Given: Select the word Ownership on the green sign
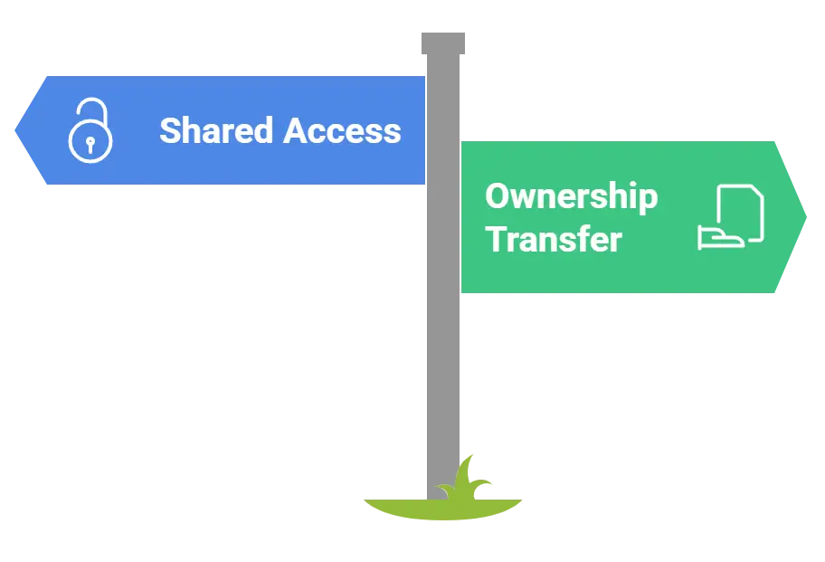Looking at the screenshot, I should click(x=571, y=197).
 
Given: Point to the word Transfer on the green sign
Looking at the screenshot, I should click(x=553, y=240).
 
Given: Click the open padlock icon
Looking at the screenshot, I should click(x=90, y=134).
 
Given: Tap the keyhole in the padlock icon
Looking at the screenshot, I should click(x=90, y=144).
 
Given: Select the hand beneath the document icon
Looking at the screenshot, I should click(x=720, y=238).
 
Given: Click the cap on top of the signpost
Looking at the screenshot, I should click(x=445, y=42).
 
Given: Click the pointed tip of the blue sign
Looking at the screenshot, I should click(x=18, y=130).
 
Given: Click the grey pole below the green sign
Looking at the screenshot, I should click(x=445, y=380).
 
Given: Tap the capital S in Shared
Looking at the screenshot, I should click(x=170, y=131).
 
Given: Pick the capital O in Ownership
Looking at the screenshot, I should click(x=498, y=195).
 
